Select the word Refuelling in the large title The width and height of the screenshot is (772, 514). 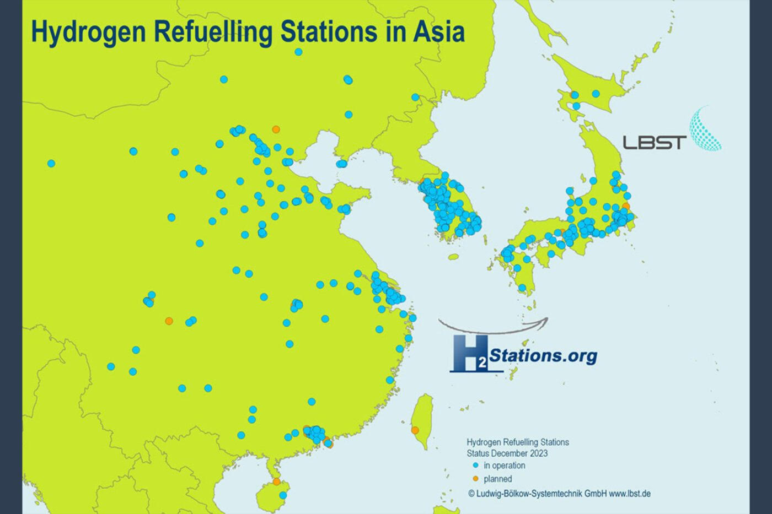212,31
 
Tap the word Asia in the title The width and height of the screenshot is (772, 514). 438,31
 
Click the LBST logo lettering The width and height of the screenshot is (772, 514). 655,143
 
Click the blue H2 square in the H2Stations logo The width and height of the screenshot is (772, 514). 469,353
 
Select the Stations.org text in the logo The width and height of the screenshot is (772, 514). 543,355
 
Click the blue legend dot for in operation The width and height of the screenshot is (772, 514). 475,466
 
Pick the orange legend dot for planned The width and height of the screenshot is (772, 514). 475,479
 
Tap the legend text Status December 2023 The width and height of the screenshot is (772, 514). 507,453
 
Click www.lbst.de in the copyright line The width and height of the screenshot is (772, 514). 630,494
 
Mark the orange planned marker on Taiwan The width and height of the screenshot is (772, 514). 415,430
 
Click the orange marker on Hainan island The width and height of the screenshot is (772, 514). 276,481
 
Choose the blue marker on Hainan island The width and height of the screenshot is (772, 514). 283,495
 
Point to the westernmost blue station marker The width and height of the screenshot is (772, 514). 51,163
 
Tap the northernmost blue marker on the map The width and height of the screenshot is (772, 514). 298,52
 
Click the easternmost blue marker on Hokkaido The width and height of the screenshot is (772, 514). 596,94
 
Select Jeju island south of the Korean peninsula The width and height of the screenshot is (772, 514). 453,257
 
